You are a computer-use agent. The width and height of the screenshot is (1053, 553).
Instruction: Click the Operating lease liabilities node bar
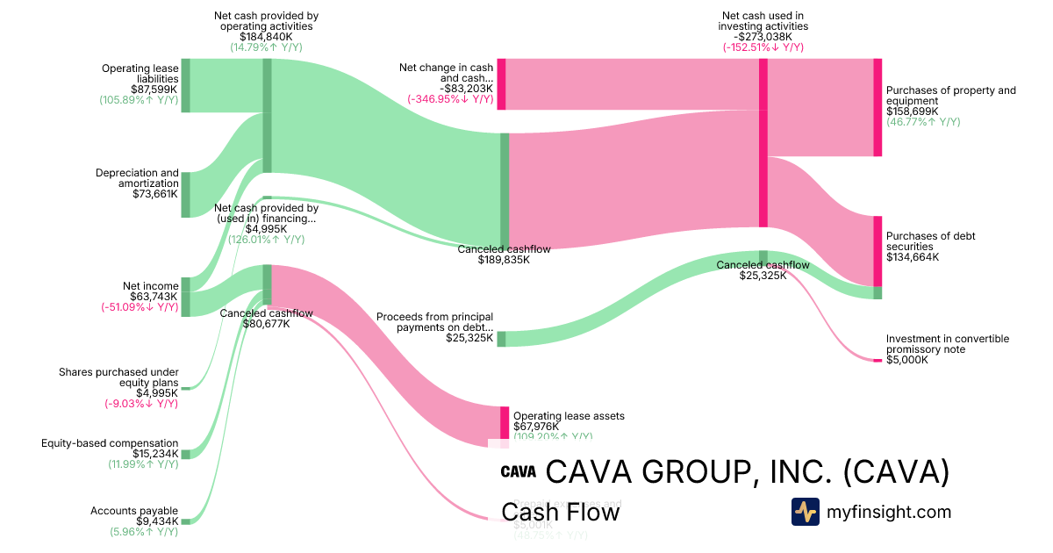(x=185, y=85)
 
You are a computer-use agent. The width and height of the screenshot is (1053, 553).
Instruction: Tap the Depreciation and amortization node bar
(x=185, y=195)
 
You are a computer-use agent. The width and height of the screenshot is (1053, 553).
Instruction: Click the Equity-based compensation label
(x=110, y=443)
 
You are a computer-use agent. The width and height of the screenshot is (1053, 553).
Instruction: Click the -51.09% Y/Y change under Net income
(x=140, y=307)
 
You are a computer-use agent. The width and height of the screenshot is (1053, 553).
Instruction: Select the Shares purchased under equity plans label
(x=118, y=377)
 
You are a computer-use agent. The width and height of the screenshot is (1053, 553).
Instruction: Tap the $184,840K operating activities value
(x=266, y=37)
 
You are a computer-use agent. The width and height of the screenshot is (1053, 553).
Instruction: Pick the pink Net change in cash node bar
(x=502, y=84)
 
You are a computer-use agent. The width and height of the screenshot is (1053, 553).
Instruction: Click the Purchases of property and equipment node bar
(x=877, y=107)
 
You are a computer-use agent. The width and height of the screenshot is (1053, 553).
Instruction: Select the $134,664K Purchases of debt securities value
(x=913, y=257)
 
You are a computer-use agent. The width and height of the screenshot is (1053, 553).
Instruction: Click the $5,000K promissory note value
(x=906, y=360)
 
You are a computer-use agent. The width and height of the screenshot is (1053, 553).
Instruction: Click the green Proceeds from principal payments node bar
(x=502, y=339)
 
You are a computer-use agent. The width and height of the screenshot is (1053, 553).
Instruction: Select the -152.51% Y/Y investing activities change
(x=763, y=47)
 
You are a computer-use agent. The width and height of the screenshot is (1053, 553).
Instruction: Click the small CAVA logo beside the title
(x=518, y=471)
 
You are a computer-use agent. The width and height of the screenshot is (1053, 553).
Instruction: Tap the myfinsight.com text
(x=889, y=512)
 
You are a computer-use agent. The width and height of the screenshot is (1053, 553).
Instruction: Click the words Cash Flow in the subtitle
(x=560, y=512)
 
